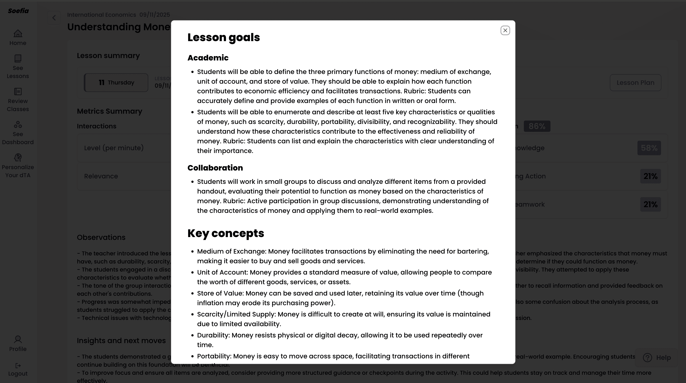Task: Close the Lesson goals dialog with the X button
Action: point(505,30)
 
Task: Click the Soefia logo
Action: point(18,11)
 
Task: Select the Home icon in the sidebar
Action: point(18,34)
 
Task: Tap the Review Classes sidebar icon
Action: point(18,92)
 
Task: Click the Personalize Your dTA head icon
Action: point(18,157)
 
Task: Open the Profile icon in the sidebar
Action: point(18,339)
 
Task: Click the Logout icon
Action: point(18,365)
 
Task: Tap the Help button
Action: point(656,357)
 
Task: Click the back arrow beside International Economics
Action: point(54,18)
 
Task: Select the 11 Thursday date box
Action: point(116,83)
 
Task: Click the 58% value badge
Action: point(649,148)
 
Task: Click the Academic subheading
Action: point(208,58)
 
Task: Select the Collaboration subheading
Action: point(215,168)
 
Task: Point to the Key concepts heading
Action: point(226,233)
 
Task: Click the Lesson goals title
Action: point(223,37)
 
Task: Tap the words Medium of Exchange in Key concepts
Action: point(231,251)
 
